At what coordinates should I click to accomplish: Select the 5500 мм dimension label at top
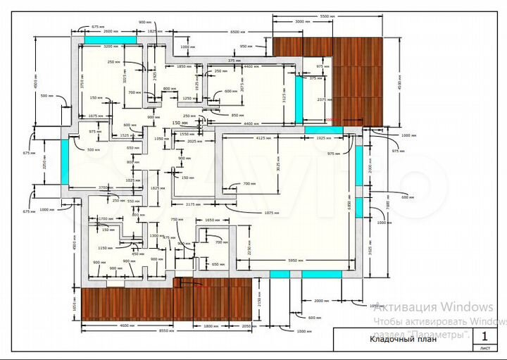(327, 15)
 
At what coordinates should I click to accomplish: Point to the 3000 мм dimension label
(303, 23)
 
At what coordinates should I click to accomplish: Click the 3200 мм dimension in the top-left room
(111, 46)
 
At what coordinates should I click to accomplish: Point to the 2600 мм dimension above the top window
(110, 32)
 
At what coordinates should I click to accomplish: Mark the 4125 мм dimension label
(265, 138)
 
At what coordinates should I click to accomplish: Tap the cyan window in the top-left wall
(100, 39)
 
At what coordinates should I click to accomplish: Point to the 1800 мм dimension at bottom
(212, 325)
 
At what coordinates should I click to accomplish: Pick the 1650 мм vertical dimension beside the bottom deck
(73, 304)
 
